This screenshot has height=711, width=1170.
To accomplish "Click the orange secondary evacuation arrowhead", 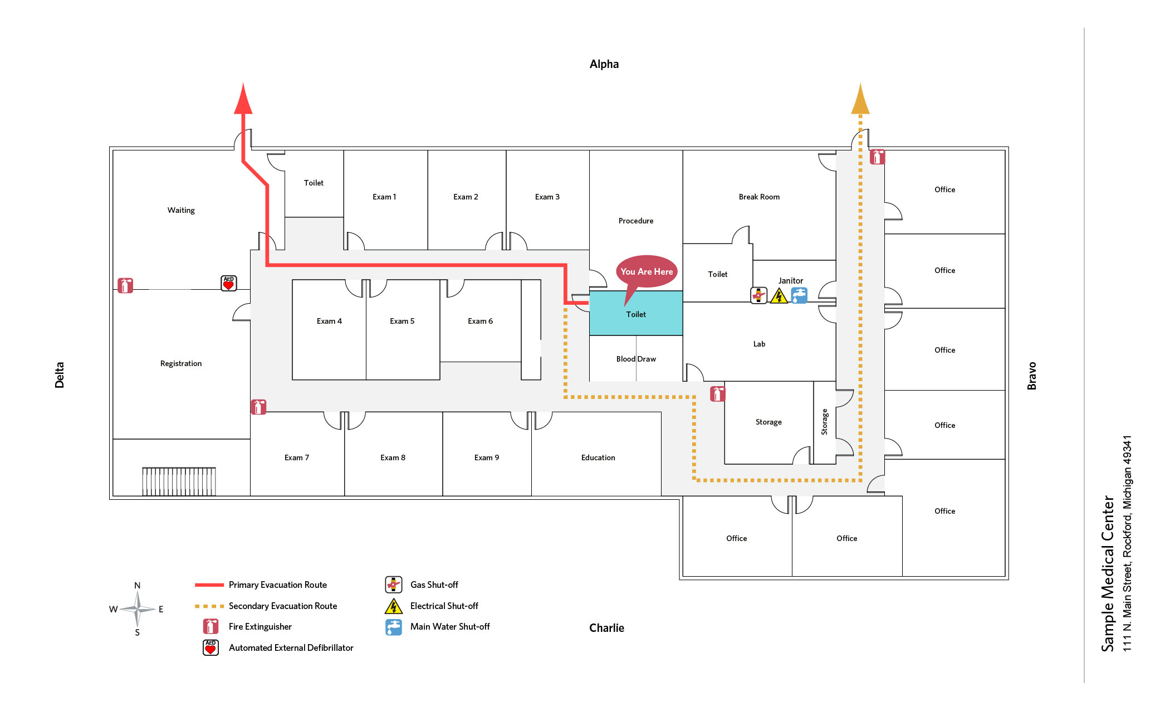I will pos(860,100).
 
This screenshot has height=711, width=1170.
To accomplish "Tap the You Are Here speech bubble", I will pos(646,271).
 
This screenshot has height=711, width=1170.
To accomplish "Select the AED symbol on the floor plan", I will pos(228,283).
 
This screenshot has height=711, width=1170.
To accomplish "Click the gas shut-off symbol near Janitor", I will pos(758,295).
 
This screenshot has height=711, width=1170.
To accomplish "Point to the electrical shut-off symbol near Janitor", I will pos(779,296).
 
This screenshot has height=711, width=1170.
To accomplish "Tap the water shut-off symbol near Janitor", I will pos(799,295).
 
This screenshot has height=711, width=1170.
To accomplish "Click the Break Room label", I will pos(758,197).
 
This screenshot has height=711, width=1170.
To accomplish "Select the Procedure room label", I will pos(635,221).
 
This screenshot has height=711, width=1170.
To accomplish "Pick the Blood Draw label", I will pos(635,359).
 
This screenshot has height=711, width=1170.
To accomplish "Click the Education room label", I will pos(598,457).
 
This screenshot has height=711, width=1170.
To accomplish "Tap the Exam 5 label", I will pos(402,321).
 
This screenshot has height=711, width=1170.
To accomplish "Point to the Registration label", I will pos(180,363).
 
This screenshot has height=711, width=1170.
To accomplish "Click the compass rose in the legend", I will pos(138,609).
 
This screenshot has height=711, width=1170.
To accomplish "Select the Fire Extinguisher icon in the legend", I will pos(210,626).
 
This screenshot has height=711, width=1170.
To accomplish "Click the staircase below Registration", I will pos(179,481).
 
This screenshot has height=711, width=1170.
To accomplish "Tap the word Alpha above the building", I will pos(604,64).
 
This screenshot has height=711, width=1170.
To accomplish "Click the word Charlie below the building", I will pos(606,628).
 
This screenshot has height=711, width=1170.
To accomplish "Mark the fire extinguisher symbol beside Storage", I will pos(717,394).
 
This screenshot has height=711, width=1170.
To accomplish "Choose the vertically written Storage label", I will pos(824,422).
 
